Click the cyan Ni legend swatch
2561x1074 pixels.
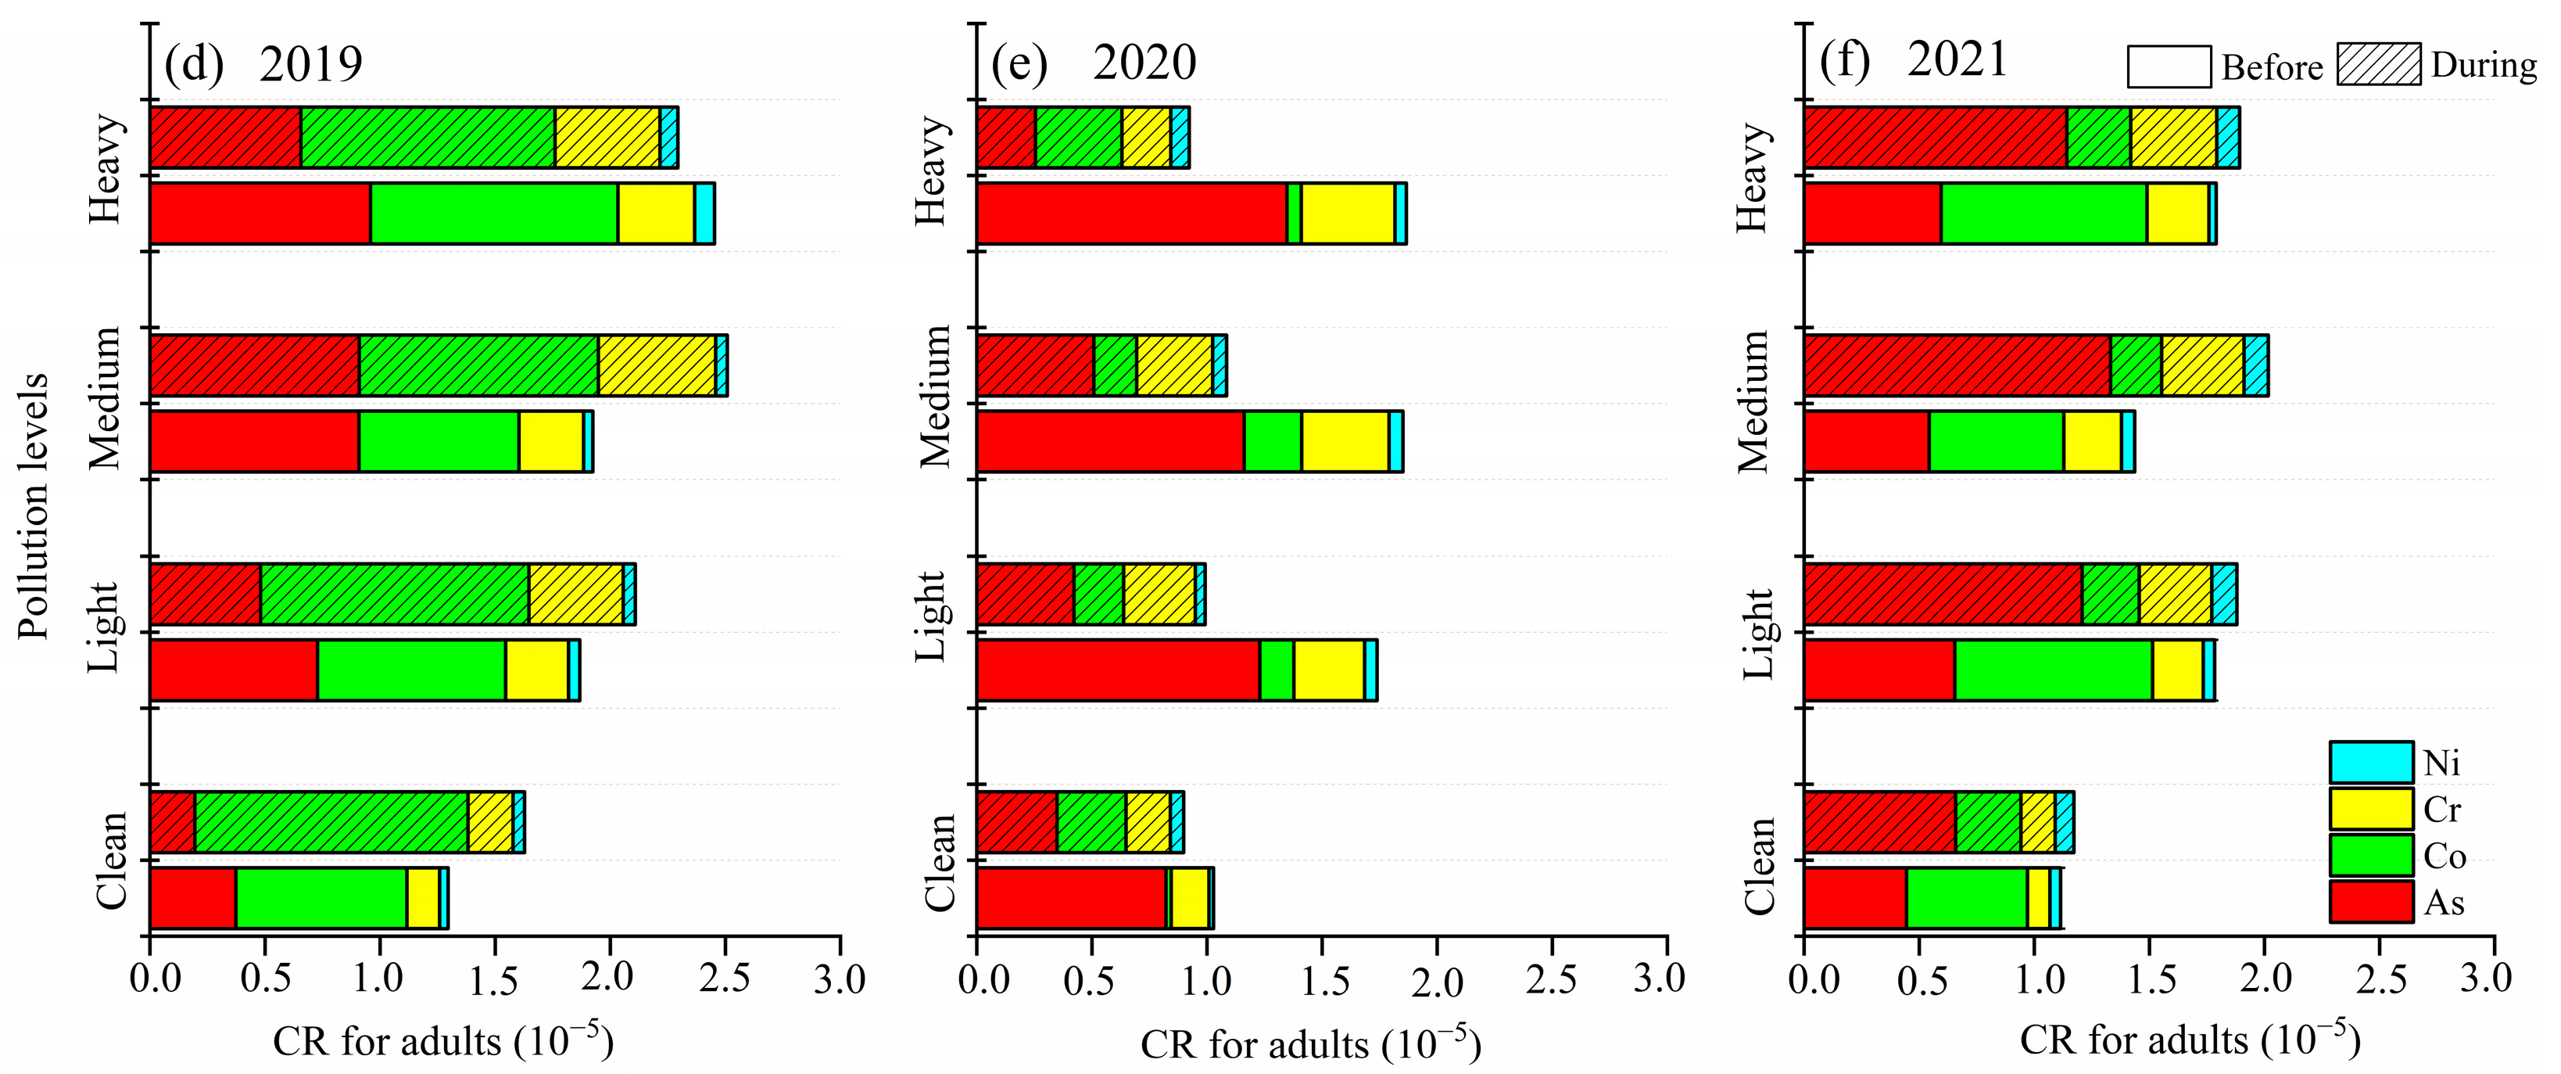(2371, 763)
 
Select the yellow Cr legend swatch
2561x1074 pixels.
(2371, 810)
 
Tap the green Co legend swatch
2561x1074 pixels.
(2371, 855)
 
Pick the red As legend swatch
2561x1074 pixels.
(2371, 902)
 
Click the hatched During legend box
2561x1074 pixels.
(2378, 66)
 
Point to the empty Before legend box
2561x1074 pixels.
(2169, 67)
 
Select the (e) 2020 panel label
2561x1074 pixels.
(1094, 63)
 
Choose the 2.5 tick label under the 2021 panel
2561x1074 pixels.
(2381, 979)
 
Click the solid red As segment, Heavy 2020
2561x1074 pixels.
(1131, 214)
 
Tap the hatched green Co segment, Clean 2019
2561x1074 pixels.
(331, 822)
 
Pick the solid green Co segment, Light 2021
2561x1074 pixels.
(2053, 671)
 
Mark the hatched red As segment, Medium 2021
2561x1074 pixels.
(1957, 366)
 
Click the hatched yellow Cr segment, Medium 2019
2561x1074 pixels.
(656, 366)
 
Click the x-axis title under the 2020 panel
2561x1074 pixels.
(1310, 1044)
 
